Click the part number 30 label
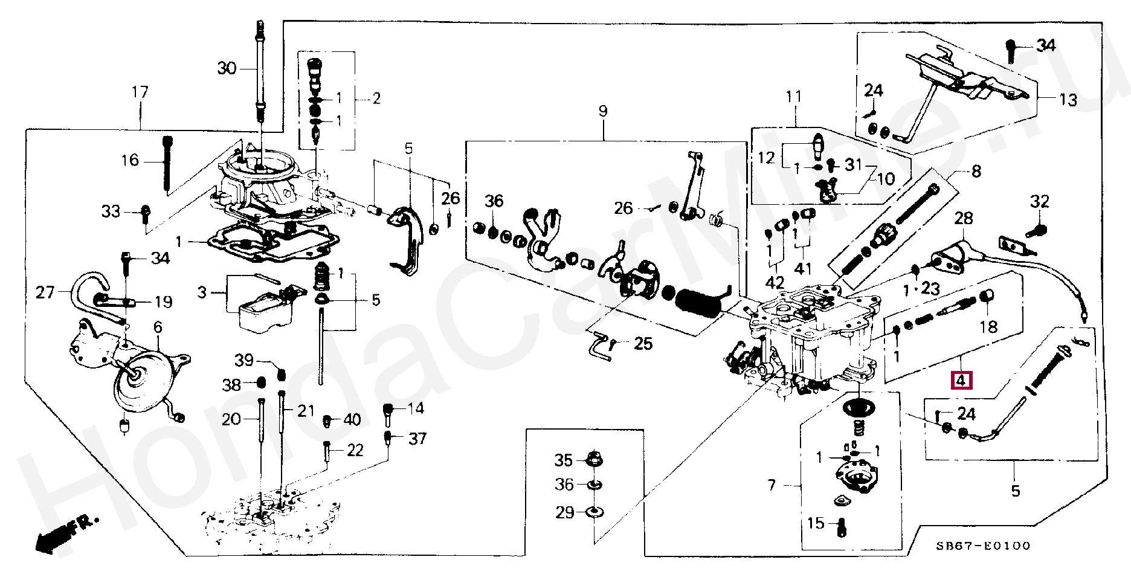pyautogui.click(x=227, y=69)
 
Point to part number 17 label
pyautogui.click(x=140, y=92)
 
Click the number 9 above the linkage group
pyautogui.click(x=602, y=111)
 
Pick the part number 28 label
pyautogui.click(x=964, y=218)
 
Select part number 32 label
pyautogui.click(x=1040, y=202)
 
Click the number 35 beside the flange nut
pyautogui.click(x=563, y=460)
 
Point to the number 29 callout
pyautogui.click(x=565, y=513)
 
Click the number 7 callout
pyautogui.click(x=772, y=485)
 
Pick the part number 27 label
pyautogui.click(x=45, y=293)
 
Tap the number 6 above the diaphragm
pyautogui.click(x=158, y=327)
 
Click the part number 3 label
pyautogui.click(x=202, y=293)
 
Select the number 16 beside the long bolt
pyautogui.click(x=130, y=160)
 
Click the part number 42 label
pyautogui.click(x=775, y=282)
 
